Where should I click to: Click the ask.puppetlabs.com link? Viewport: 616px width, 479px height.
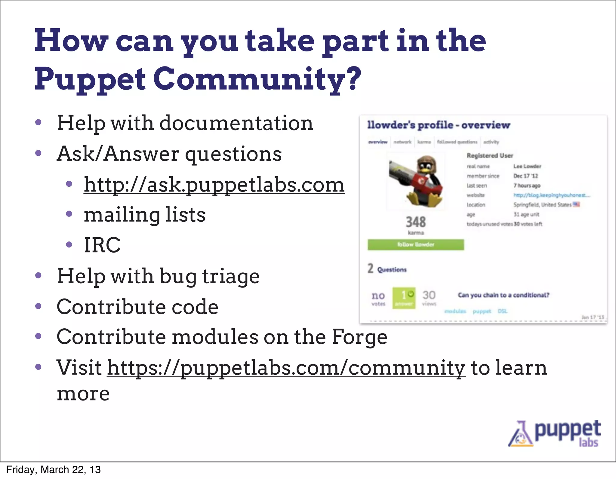(214, 185)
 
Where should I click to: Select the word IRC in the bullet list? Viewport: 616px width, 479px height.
(102, 245)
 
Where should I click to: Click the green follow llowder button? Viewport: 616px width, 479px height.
(416, 244)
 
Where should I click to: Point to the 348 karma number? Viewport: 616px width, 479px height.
(416, 222)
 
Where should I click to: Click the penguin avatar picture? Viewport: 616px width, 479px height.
(416, 181)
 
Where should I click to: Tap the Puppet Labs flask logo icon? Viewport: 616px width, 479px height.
(521, 434)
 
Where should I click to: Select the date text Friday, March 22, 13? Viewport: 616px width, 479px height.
(53, 470)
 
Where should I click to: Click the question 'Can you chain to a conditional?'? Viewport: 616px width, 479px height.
(504, 295)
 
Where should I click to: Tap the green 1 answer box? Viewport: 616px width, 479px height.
(404, 298)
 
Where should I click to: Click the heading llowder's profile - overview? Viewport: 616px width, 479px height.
(439, 125)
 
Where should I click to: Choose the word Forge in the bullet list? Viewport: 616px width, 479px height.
(359, 337)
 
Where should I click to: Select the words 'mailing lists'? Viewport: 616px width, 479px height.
(145, 215)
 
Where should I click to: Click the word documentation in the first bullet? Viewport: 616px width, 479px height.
(236, 123)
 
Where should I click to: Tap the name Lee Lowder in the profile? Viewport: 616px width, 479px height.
(527, 166)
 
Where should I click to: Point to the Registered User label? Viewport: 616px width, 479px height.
(490, 155)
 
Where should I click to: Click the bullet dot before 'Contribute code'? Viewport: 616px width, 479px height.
(38, 306)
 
